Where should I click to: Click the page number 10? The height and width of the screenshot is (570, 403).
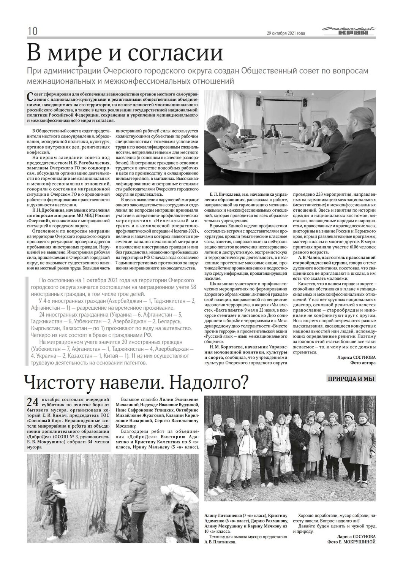pyautogui.click(x=32, y=31)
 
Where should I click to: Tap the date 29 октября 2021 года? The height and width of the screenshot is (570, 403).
pyautogui.click(x=286, y=33)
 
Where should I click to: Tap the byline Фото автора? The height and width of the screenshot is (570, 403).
pyautogui.click(x=363, y=363)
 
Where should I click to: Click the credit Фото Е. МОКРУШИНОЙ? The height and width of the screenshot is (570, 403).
pyautogui.click(x=351, y=542)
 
